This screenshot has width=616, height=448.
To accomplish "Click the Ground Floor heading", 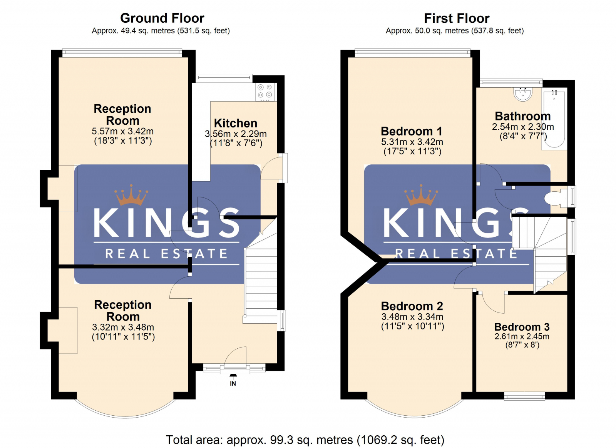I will pos(162,18).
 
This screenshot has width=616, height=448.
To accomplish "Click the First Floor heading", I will pos(457,18).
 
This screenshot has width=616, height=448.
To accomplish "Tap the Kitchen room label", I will pos(236,123).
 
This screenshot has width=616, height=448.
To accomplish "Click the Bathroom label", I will pos(522,116).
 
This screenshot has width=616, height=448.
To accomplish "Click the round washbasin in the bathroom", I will pos(523,94).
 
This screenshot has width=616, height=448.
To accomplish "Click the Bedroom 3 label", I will pos(522,327).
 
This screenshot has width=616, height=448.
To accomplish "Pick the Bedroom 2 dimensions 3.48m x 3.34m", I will pos(412,317).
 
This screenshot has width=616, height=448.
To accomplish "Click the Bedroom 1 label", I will pos(412,131).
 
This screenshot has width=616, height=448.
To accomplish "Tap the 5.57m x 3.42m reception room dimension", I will pos(122,131).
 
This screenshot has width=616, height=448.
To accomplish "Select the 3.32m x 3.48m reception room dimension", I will pos(123,327).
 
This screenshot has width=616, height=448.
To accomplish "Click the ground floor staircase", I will pos(261,281).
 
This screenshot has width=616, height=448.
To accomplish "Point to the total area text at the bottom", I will pos(305,440).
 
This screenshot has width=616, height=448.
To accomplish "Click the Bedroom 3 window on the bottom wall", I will pos(524,396).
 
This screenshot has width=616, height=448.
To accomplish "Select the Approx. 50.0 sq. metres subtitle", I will pos(455,30).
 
